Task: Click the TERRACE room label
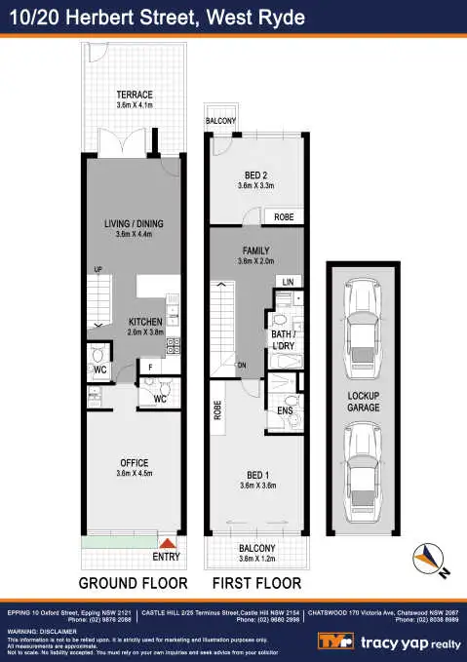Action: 135,95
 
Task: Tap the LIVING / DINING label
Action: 134,224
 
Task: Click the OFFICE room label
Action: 134,462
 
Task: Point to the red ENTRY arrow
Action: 168,543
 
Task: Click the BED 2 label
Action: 252,175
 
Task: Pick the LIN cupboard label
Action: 287,282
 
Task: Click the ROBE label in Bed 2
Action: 284,217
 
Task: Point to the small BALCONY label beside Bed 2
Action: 220,121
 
